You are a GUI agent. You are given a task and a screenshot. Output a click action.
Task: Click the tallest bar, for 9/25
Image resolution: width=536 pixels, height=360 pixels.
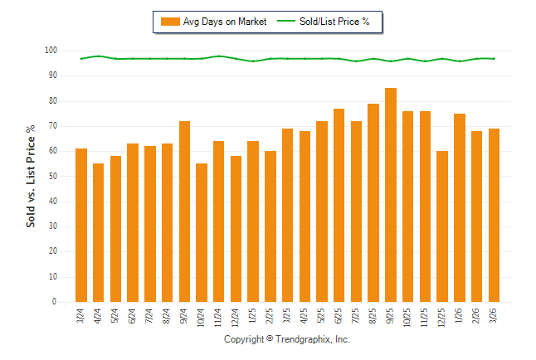391,195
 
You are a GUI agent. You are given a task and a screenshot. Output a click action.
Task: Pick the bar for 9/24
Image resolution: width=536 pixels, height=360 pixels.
184,212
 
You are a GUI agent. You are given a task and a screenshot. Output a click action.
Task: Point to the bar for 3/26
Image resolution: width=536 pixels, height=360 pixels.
494,216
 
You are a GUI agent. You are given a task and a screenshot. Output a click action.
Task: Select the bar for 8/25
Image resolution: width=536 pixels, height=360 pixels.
373,203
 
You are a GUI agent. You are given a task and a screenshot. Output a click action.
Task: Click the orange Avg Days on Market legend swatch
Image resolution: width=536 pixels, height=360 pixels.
170,22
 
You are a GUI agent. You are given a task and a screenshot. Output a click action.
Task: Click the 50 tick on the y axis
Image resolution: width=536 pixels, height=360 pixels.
51,177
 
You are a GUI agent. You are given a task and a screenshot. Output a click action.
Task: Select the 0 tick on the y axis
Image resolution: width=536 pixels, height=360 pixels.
54,302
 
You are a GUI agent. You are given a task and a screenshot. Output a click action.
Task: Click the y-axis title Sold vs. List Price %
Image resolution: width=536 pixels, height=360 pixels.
32,176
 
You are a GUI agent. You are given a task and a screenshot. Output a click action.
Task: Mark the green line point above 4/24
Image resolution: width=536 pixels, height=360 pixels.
99,56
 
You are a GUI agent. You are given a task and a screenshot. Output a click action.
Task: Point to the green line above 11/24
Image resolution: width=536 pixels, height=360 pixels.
219,56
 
